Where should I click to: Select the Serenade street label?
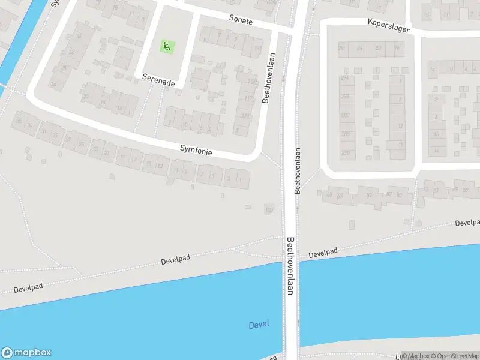pos(158,80)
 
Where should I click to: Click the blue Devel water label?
pos(259,325)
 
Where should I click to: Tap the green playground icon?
pos(166,46)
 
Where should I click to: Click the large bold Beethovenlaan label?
pos(290,265)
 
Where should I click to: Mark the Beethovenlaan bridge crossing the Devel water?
pos(291,300)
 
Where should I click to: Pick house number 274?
pos(345,78)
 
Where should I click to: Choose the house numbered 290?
pos(345,153)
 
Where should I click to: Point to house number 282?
pos(345,115)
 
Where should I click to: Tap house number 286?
pos(345,134)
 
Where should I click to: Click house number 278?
pos(345,97)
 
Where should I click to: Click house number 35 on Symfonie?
pos(19,122)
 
